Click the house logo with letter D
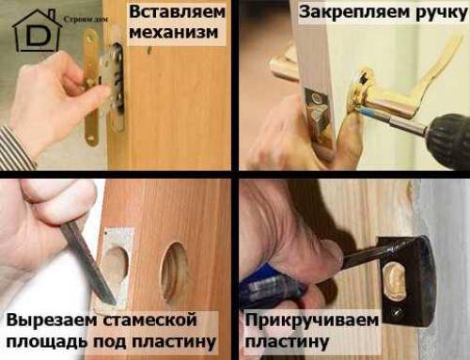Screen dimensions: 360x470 click(36, 30)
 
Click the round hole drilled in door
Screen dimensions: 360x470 click(174, 273)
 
